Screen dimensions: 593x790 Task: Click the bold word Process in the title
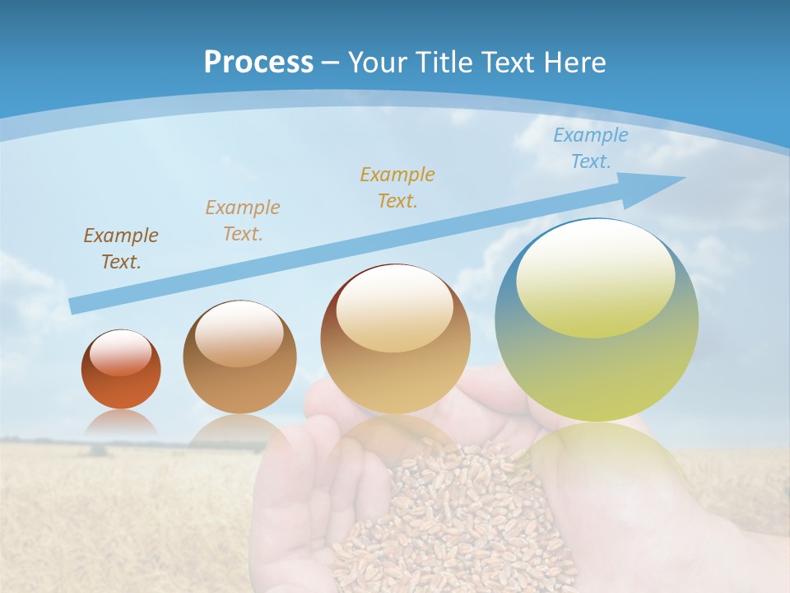point(258,63)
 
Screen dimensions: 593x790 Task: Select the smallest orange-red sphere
point(121,370)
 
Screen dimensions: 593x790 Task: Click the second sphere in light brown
point(239,357)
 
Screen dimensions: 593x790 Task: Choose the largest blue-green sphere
point(597,320)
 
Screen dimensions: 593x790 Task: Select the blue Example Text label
point(590,148)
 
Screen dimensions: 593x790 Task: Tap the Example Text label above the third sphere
point(397,187)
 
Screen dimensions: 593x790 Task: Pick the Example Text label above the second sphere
point(242,220)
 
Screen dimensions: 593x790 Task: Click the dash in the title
point(330,63)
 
